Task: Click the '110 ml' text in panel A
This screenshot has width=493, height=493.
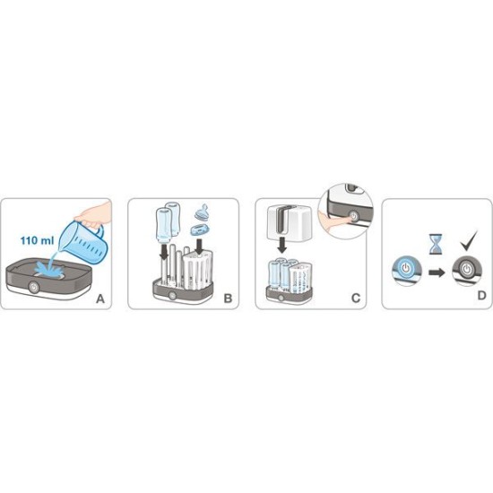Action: [37, 241]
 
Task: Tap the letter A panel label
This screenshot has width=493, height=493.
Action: [100, 298]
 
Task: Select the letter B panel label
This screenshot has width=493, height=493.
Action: [228, 298]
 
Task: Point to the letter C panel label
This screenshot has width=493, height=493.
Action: [356, 298]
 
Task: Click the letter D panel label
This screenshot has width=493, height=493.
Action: [481, 296]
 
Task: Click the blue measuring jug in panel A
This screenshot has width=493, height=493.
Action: [84, 241]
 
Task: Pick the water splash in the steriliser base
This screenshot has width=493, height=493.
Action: [49, 268]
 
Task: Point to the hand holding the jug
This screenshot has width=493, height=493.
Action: [93, 215]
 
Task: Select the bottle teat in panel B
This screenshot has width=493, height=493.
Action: [203, 212]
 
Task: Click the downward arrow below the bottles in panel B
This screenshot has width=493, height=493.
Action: [163, 252]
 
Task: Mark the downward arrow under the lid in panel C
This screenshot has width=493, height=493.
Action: [282, 246]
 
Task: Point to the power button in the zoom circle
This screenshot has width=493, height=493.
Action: [354, 217]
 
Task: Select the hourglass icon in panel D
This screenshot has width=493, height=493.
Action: [436, 244]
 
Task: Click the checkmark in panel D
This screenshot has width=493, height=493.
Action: [469, 241]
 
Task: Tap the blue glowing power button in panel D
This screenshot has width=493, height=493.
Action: [406, 268]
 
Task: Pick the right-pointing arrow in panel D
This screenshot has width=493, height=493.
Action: [437, 272]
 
